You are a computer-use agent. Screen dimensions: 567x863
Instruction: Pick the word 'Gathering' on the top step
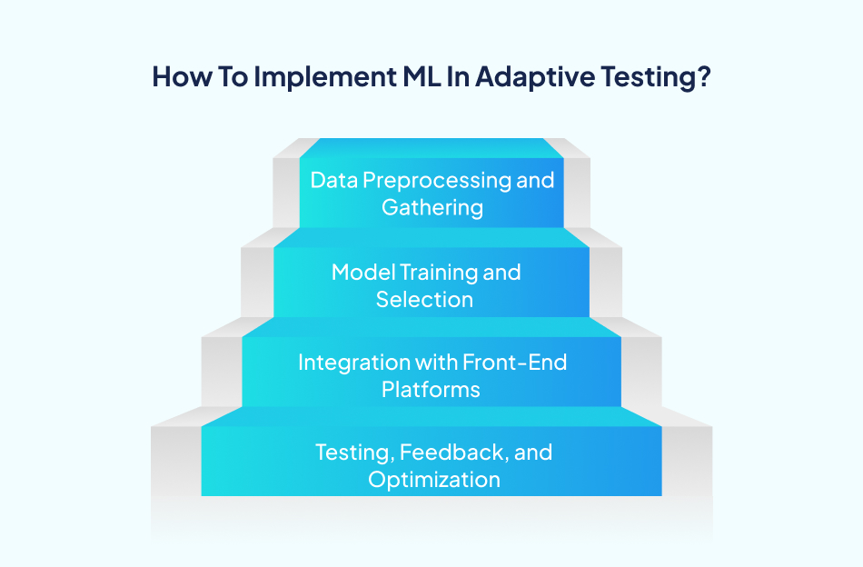click(431, 207)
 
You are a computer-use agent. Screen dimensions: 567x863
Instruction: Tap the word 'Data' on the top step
click(333, 180)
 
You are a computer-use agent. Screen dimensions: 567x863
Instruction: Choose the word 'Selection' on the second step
click(424, 299)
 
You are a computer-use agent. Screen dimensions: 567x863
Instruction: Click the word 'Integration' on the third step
click(352, 363)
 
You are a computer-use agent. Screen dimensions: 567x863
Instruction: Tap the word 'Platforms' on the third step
click(431, 390)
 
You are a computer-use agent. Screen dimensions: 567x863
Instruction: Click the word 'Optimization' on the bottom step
click(433, 479)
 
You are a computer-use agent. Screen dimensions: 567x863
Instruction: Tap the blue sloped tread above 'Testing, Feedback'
click(431, 415)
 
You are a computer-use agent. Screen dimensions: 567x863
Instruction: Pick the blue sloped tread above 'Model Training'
click(431, 236)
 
